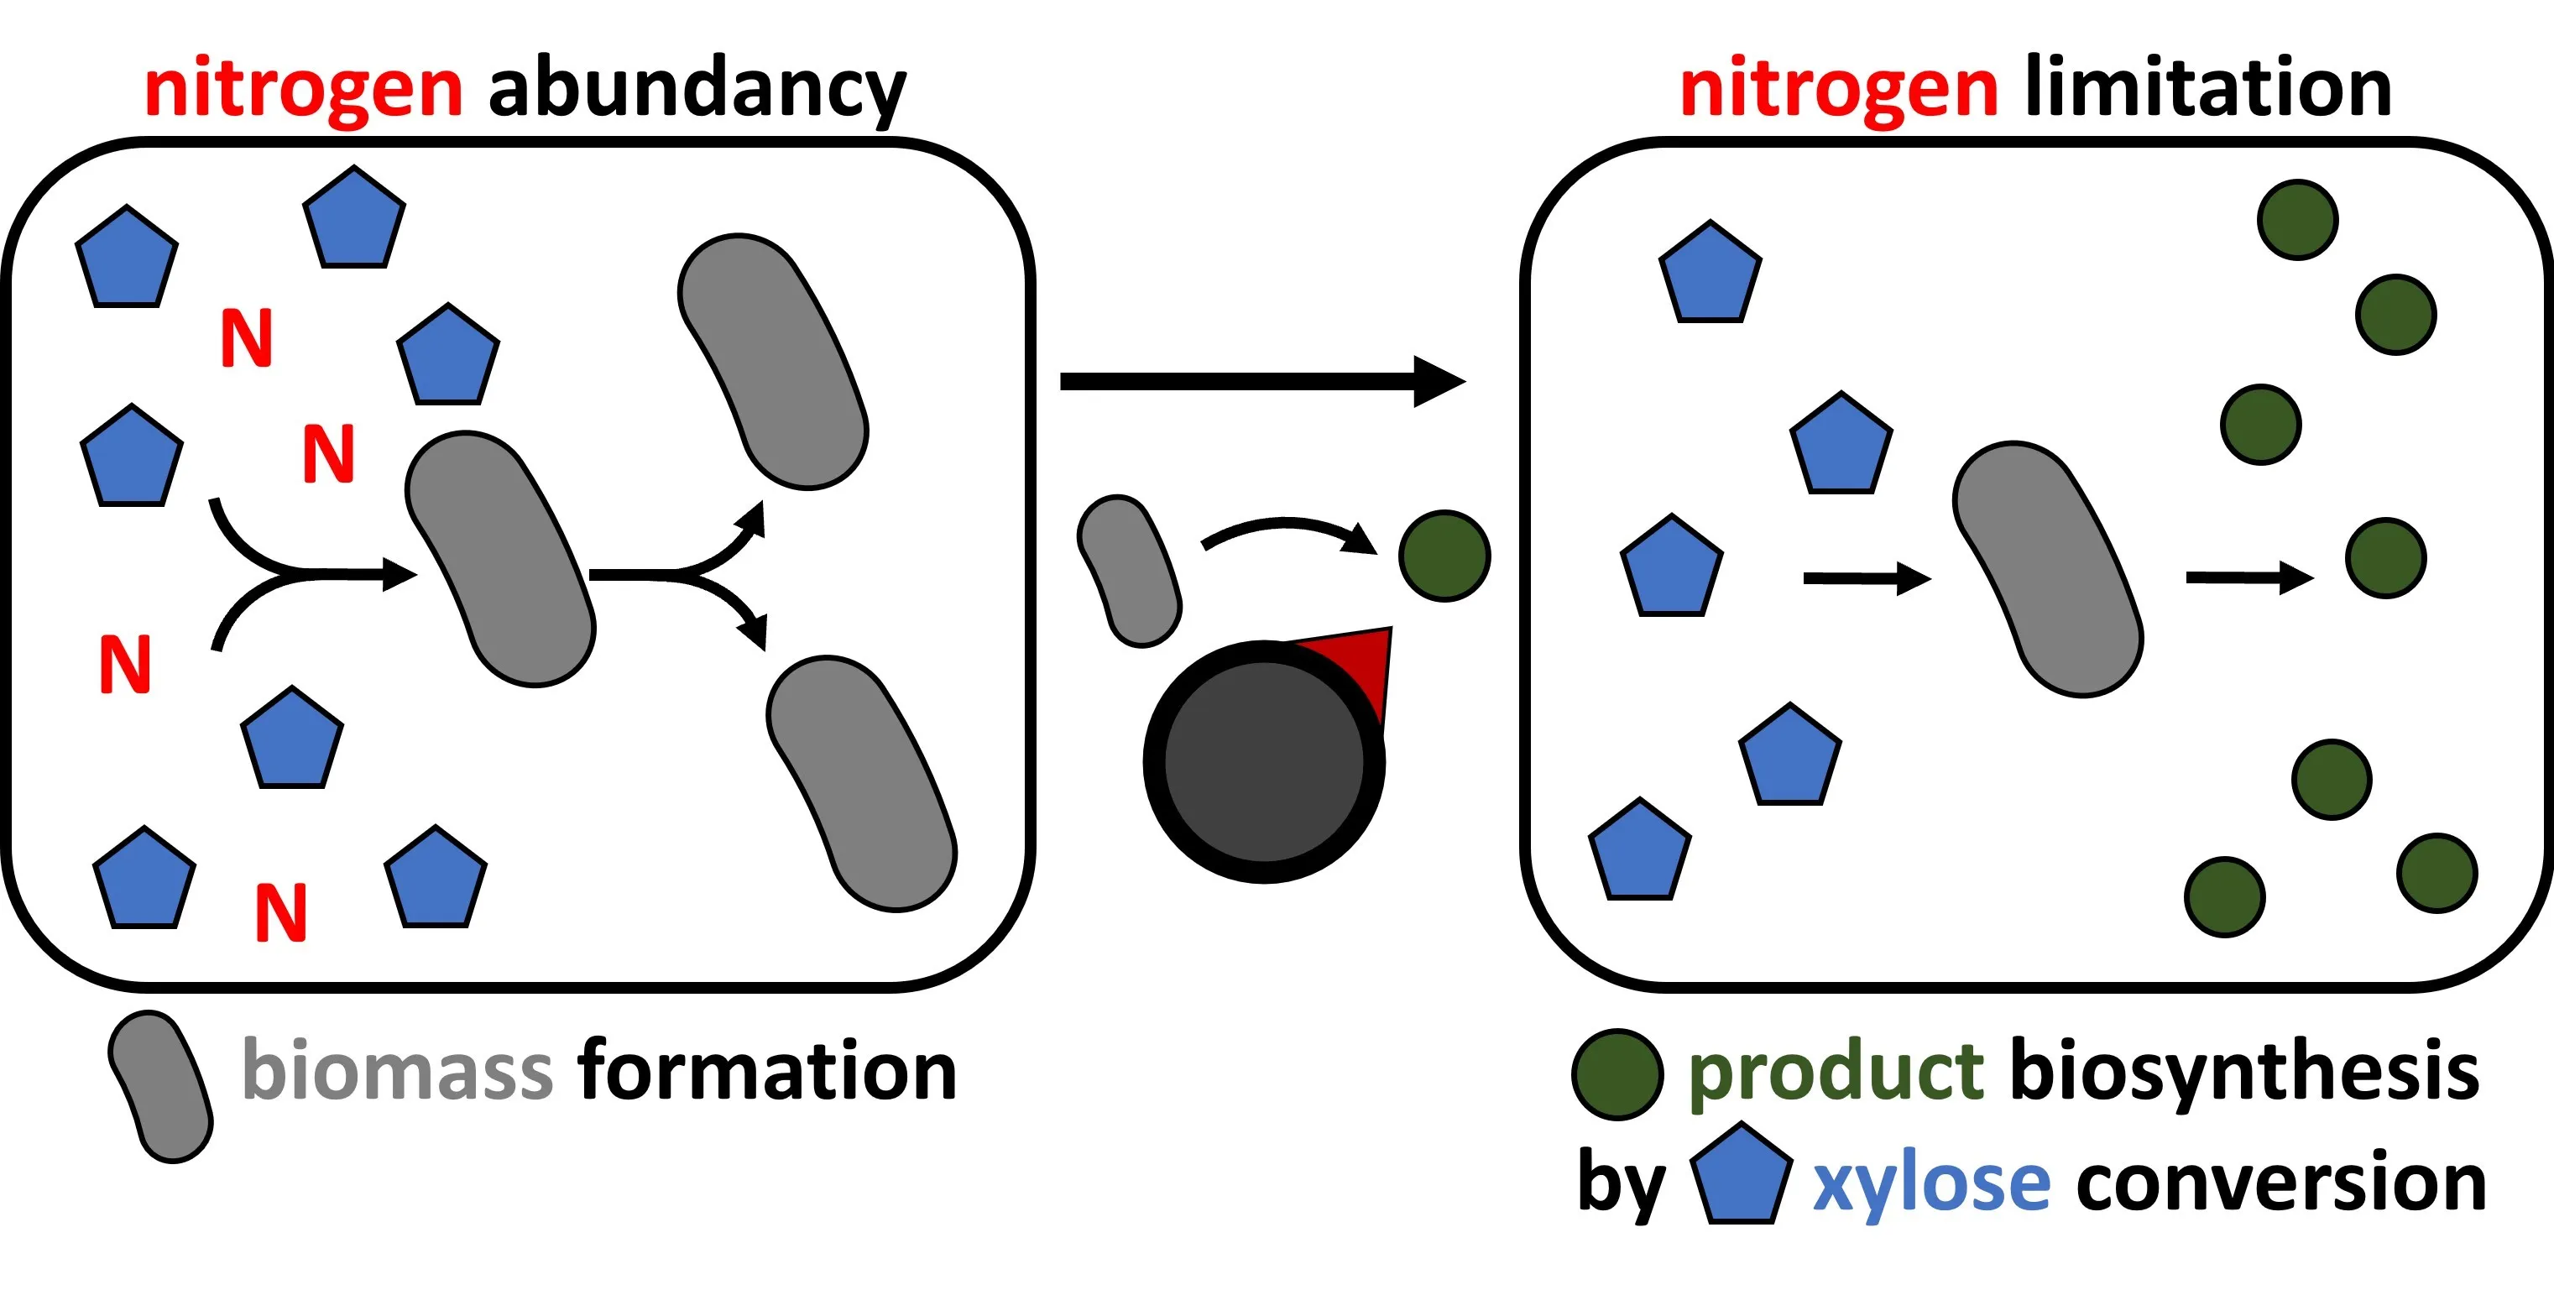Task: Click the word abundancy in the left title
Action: (x=697, y=89)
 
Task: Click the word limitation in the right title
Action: (x=2208, y=89)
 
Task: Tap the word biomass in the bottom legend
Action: (x=397, y=1071)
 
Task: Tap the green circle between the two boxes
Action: (x=1444, y=556)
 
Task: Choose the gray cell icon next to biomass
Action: (x=160, y=1087)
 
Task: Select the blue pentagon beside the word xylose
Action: (x=1740, y=1175)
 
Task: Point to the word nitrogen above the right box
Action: (x=1838, y=89)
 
